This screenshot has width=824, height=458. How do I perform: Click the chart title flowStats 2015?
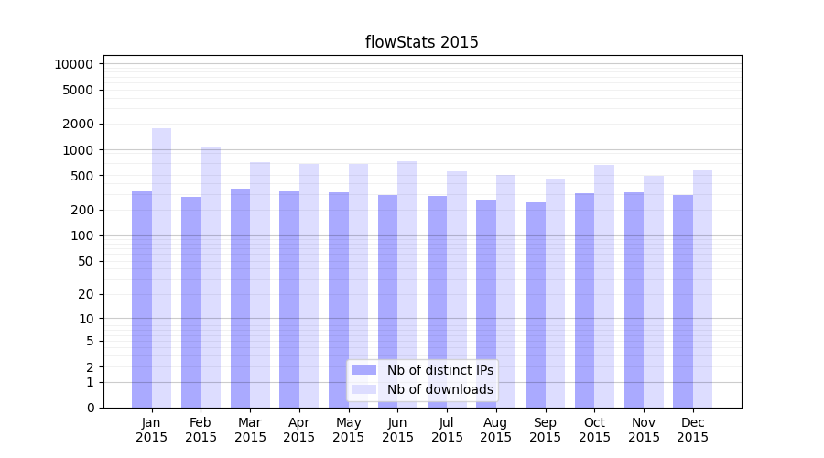click(x=421, y=42)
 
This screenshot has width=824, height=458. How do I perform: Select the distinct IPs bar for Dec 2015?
click(x=683, y=301)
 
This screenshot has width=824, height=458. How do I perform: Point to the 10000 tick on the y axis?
click(x=73, y=64)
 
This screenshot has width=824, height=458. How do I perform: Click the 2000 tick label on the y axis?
click(x=77, y=124)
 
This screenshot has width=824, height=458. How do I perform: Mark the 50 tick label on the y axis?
click(x=83, y=261)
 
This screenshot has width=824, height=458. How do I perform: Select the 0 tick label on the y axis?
click(x=90, y=408)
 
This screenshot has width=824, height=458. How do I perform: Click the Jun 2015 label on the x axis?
click(x=397, y=430)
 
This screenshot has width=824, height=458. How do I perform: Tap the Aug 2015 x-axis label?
click(x=496, y=430)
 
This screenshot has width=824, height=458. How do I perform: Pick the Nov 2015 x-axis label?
click(x=644, y=430)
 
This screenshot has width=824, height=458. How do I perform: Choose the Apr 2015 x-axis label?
click(x=299, y=430)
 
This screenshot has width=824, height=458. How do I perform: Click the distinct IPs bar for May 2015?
click(x=339, y=300)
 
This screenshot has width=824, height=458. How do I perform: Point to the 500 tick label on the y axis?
click(x=81, y=176)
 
